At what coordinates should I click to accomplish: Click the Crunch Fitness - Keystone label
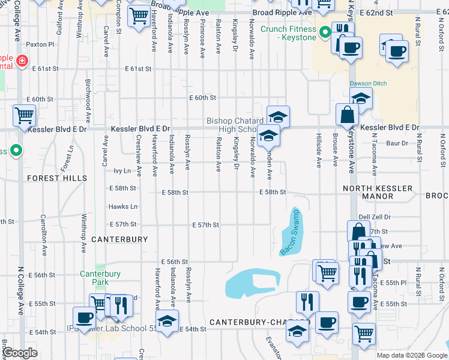tap(288, 32)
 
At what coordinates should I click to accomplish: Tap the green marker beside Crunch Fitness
tap(325, 32)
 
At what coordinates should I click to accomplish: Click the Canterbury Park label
tap(100, 278)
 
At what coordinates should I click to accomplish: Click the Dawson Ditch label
tap(369, 83)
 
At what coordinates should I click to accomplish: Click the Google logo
tap(20, 353)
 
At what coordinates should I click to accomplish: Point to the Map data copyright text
tap(411, 355)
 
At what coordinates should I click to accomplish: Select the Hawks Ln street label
tap(123, 206)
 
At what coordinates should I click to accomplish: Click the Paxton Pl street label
tap(40, 44)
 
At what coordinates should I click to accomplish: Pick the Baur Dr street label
tap(397, 143)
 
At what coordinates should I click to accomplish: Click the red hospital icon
tap(22, 61)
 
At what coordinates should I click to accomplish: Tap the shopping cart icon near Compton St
tap(139, 17)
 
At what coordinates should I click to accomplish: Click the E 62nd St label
tap(410, 12)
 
